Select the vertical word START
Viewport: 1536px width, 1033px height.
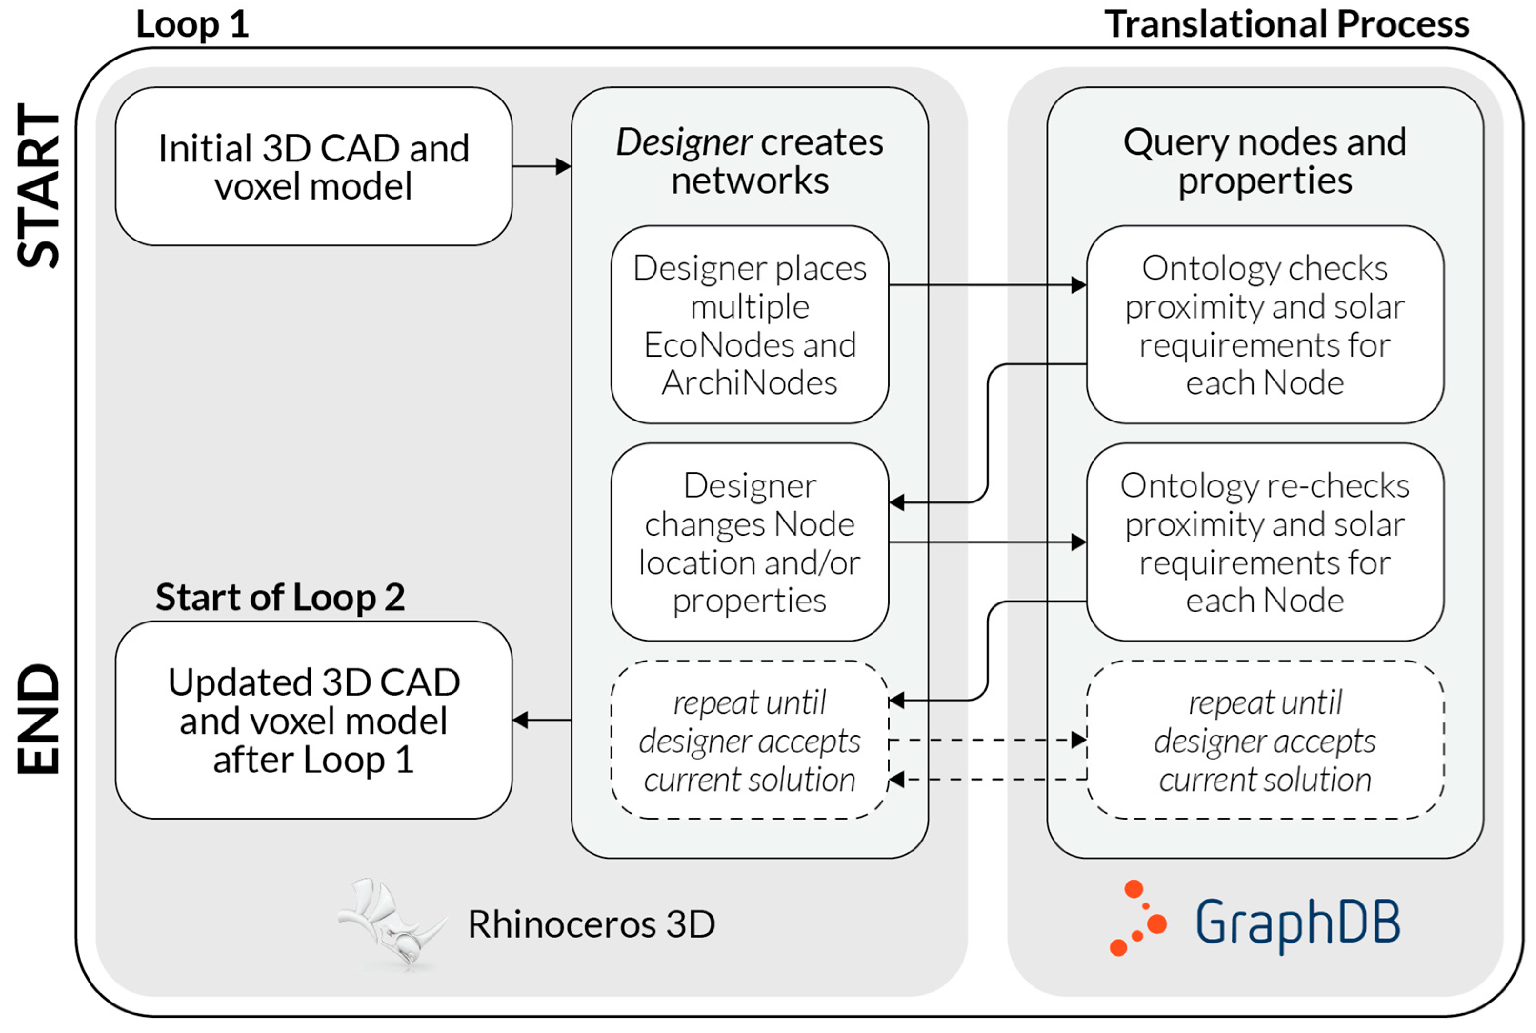(38, 185)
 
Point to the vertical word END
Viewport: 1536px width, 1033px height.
(38, 718)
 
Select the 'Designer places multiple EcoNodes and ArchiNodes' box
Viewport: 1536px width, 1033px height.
(750, 325)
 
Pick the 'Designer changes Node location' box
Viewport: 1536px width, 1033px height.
(750, 542)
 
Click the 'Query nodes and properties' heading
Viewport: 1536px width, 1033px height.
(1265, 161)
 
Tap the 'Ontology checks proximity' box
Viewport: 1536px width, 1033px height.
(1265, 325)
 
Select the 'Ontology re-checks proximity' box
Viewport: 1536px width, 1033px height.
(1265, 542)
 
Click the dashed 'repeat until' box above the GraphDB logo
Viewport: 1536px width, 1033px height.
(1265, 740)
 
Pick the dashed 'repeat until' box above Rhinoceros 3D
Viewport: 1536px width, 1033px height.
(750, 740)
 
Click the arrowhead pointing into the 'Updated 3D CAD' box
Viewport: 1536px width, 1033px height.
(521, 720)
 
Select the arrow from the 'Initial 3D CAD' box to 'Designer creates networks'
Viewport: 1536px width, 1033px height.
(542, 167)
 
